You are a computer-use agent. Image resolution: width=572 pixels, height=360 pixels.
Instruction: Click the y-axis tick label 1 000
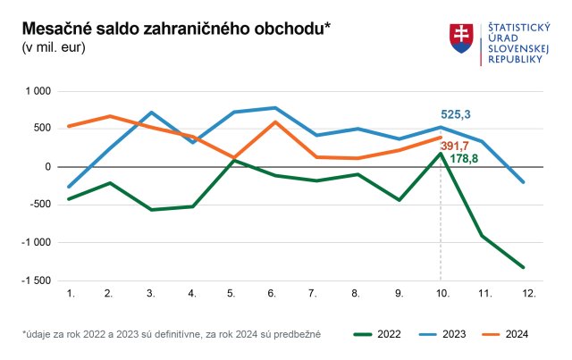pyautogui.click(x=38, y=91)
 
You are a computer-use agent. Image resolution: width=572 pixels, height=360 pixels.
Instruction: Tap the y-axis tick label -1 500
pyautogui.click(x=37, y=280)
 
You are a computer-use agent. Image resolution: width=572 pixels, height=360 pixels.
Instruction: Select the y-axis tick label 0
pyautogui.click(x=49, y=167)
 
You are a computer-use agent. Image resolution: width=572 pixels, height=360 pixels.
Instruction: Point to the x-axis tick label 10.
pyautogui.click(x=441, y=293)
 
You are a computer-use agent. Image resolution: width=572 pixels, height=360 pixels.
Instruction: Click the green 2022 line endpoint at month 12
pyautogui.click(x=523, y=267)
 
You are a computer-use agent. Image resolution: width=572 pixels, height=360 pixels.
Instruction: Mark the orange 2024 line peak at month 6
pyautogui.click(x=274, y=121)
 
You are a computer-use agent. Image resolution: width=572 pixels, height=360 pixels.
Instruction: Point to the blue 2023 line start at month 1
pyautogui.click(x=69, y=187)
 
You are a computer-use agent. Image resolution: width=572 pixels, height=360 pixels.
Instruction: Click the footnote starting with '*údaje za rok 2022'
pyautogui.click(x=172, y=334)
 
